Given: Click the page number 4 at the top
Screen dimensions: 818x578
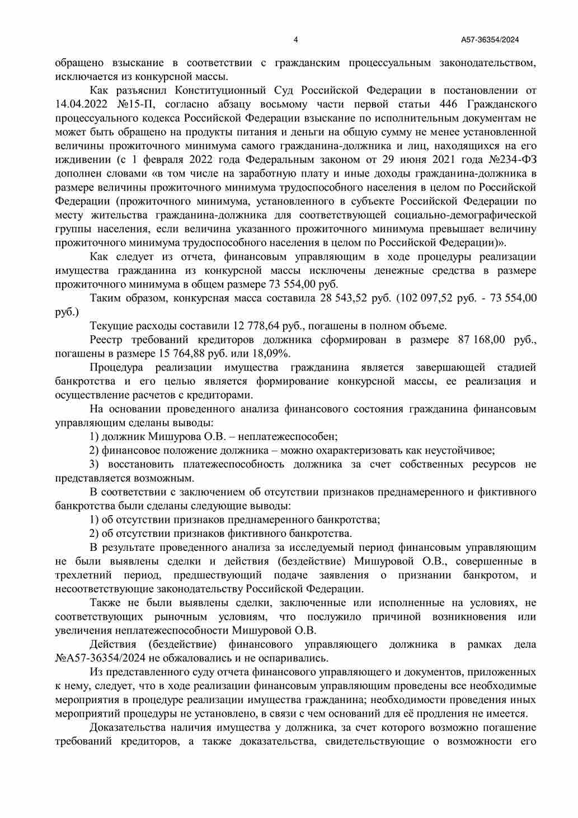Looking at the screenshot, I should [x=295, y=40].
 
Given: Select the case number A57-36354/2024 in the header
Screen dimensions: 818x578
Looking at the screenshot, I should [x=490, y=40].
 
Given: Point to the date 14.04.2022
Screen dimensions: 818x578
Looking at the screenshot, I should [x=80, y=104].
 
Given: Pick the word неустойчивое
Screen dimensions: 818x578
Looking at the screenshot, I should [x=460, y=450].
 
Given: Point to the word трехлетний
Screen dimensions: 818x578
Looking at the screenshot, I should [x=83, y=575].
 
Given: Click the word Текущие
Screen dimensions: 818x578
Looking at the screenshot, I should [x=110, y=326].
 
